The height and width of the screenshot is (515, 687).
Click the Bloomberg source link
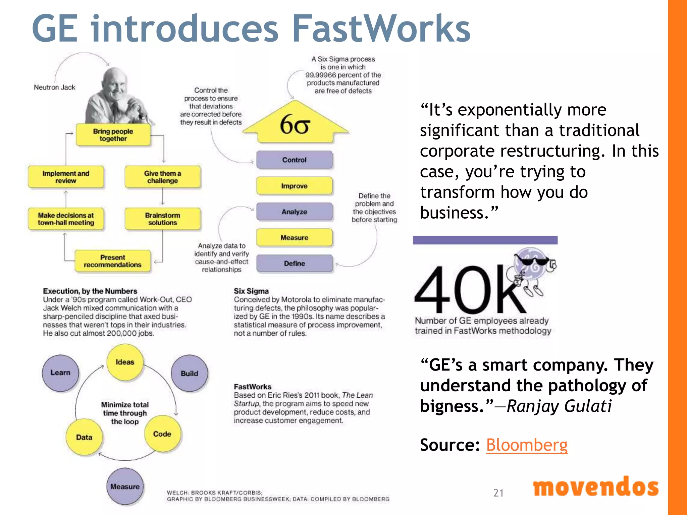(x=527, y=445)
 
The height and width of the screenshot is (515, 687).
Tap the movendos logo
(x=596, y=487)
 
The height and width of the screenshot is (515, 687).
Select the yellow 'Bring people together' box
(x=113, y=135)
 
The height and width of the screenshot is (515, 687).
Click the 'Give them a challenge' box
(x=163, y=177)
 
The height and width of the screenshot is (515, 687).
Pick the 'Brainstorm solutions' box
(x=163, y=219)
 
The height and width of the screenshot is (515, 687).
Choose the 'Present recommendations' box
(x=113, y=261)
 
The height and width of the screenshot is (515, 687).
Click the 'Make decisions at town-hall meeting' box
(x=66, y=219)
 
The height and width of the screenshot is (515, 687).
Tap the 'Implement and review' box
(x=66, y=177)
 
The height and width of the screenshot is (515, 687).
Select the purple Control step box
(x=295, y=160)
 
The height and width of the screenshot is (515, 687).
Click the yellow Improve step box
(x=295, y=186)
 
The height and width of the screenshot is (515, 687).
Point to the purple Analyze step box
(x=295, y=212)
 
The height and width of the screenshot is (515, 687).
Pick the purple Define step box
(x=295, y=264)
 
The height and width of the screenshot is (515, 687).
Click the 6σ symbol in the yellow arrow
(x=295, y=125)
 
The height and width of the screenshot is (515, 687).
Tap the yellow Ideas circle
(x=125, y=362)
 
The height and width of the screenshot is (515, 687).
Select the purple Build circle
(x=190, y=374)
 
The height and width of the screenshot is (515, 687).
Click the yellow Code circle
(x=162, y=434)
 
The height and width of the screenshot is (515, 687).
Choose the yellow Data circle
(x=84, y=437)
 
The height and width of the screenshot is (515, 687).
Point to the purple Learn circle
(x=60, y=373)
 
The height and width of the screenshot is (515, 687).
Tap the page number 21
(x=498, y=493)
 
